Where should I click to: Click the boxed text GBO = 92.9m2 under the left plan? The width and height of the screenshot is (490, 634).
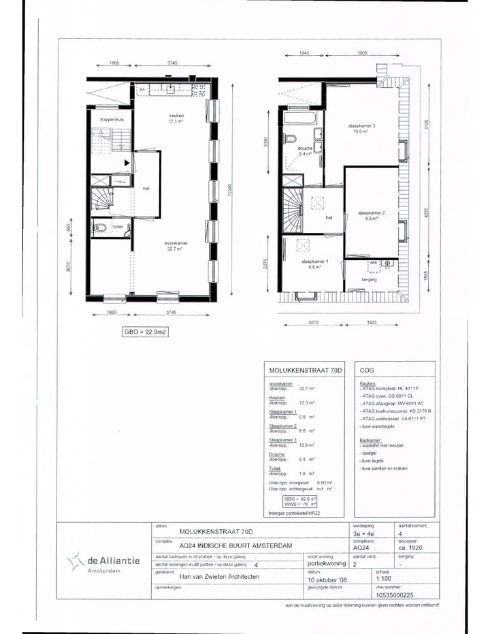(145, 333)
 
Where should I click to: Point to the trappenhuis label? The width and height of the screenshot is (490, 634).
(110, 119)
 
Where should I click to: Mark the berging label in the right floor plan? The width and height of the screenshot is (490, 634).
(370, 279)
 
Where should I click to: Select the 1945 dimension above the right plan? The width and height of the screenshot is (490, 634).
(304, 52)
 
